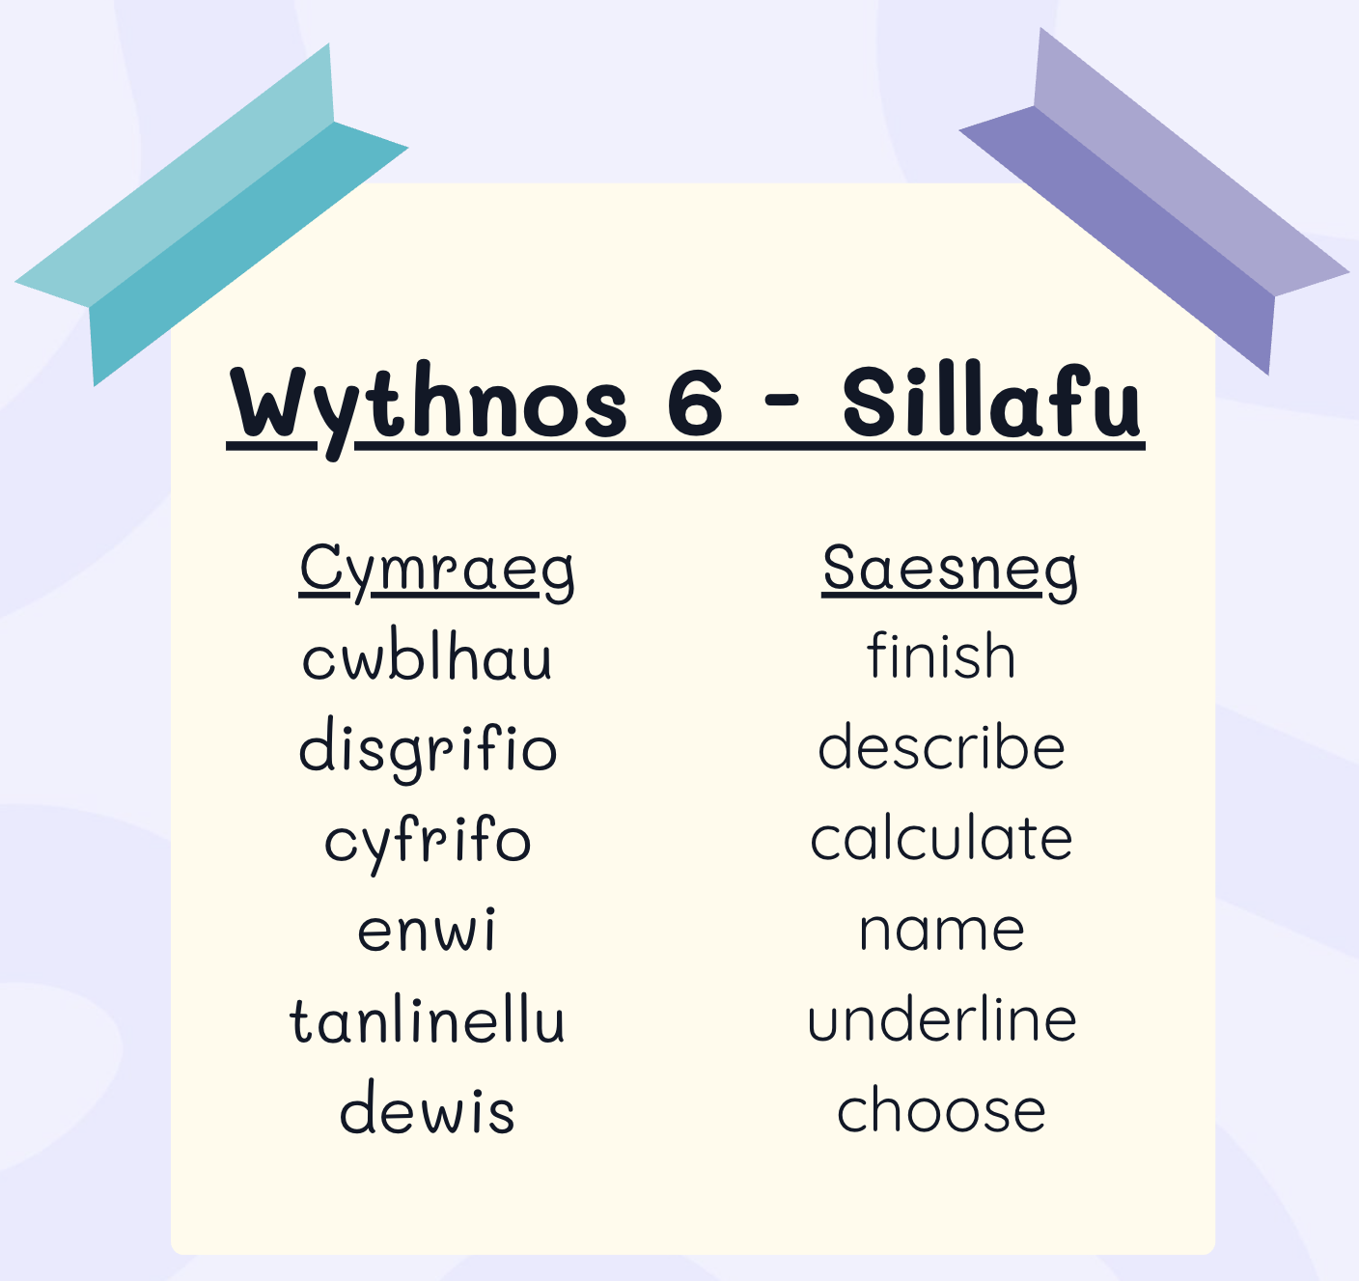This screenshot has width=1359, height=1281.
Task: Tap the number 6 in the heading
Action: (x=695, y=404)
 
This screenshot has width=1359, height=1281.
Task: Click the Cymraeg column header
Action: (x=436, y=571)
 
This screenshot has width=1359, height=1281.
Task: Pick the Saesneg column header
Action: (x=950, y=571)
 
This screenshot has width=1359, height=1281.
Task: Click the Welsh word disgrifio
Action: (x=428, y=749)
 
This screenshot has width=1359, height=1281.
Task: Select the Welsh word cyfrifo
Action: (x=427, y=842)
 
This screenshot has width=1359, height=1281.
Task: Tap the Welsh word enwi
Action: (x=427, y=929)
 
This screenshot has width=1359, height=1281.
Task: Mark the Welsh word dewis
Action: (x=427, y=1107)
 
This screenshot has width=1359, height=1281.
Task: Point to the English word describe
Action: (x=942, y=745)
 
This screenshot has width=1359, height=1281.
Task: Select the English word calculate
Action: (x=941, y=836)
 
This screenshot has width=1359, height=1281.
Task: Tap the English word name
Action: (x=942, y=931)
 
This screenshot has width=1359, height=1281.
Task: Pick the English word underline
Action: (x=942, y=1018)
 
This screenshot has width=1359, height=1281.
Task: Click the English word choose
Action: (x=941, y=1108)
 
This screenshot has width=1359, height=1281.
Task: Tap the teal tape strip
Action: (x=212, y=215)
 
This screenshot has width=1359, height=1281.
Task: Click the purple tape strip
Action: (x=1154, y=202)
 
